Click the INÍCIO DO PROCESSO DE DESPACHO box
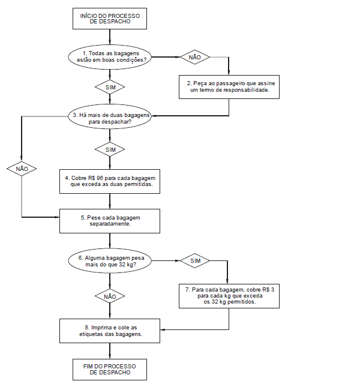pyautogui.click(x=110, y=19)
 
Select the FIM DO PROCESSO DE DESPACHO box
pyautogui.click(x=110, y=370)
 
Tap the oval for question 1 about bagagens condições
pyautogui.click(x=110, y=57)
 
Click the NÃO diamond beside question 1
pyautogui.click(x=194, y=57)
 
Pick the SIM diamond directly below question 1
pyautogui.click(x=110, y=87)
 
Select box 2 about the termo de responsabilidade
pyautogui.click(x=229, y=87)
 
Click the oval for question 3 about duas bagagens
pyautogui.click(x=110, y=116)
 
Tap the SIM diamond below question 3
pyautogui.click(x=110, y=149)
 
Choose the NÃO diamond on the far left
pyautogui.click(x=22, y=169)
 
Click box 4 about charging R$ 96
pyautogui.click(x=110, y=181)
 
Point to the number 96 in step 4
pyautogui.click(x=100, y=178)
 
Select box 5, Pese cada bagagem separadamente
pyautogui.click(x=110, y=221)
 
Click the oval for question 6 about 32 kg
pyautogui.click(x=110, y=260)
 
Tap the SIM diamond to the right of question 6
pyautogui.click(x=194, y=260)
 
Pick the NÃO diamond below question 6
pyautogui.click(x=110, y=296)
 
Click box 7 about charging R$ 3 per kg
pyautogui.click(x=229, y=296)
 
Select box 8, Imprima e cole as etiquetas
pyautogui.click(x=110, y=331)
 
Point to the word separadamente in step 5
pyautogui.click(x=110, y=224)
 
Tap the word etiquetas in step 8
pyautogui.click(x=88, y=334)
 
